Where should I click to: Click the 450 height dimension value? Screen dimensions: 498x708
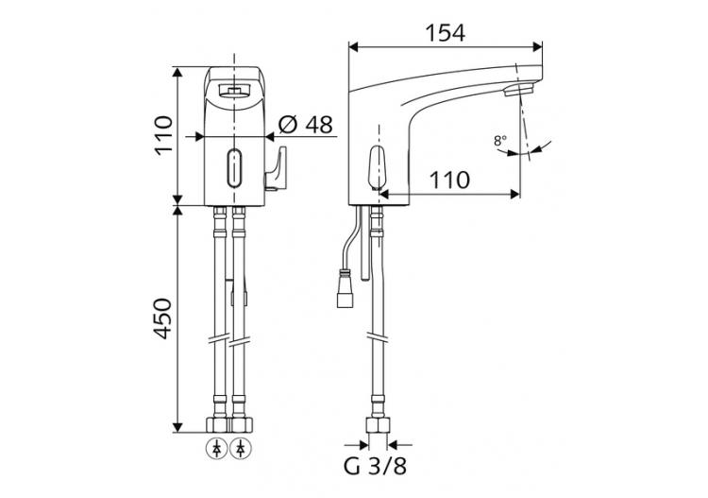[x=164, y=318]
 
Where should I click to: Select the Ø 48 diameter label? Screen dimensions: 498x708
[x=307, y=124]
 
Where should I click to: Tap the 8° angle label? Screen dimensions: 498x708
[x=499, y=141]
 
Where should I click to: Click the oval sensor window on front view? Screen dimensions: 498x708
[x=232, y=169]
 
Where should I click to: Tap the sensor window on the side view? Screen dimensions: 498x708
[x=376, y=167]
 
